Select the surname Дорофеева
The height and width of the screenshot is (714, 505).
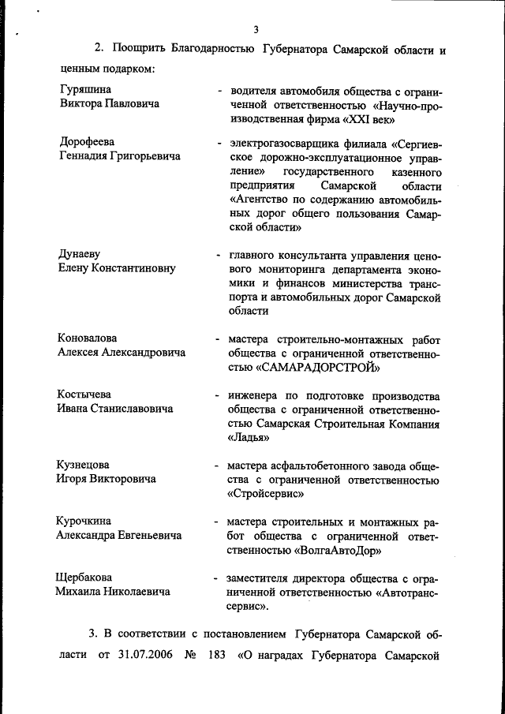coord(87,143)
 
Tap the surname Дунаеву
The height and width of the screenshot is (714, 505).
coord(81,255)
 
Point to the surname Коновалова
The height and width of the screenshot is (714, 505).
coord(91,338)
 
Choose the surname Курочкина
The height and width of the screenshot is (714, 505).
coord(84,521)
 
